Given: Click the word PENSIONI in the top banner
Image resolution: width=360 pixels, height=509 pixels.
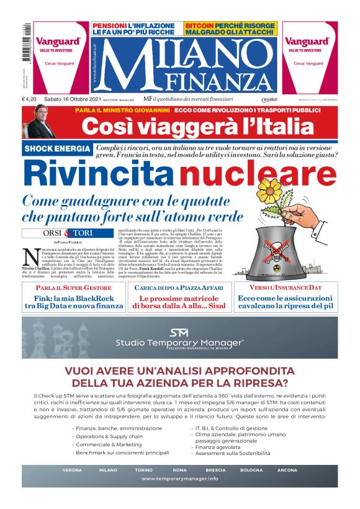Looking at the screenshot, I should coord(108,26).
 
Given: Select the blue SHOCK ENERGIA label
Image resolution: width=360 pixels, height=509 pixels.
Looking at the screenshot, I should coord(58,150).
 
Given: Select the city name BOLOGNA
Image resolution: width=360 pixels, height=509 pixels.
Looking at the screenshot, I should coord(251,470).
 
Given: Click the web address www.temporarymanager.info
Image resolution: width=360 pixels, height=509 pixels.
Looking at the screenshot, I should coord(179,479).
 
